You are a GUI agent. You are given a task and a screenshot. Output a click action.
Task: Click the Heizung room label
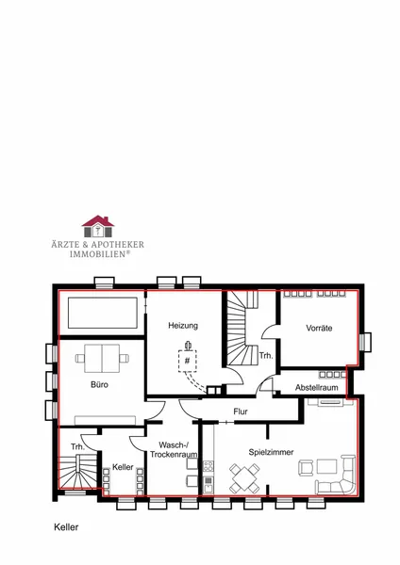point(183,326)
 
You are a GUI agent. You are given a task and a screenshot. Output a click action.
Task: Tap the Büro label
point(99,384)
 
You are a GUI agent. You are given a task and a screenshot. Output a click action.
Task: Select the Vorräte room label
point(319,328)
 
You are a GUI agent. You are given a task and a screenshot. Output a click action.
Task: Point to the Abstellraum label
point(317,387)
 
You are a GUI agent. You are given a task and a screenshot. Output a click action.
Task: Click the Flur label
point(241,412)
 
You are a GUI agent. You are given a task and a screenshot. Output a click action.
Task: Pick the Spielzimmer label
point(271,452)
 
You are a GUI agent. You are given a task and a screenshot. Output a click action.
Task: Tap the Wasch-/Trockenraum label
point(174,450)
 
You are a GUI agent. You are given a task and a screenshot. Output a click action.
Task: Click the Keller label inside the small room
point(123,467)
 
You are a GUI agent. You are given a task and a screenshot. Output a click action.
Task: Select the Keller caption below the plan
point(66,527)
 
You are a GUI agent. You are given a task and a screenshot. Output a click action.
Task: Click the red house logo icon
point(98,227)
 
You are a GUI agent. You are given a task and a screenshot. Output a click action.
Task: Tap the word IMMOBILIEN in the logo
point(98,254)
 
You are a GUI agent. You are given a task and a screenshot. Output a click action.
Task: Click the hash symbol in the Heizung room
point(187,361)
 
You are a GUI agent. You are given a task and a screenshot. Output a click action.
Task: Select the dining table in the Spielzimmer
point(244,479)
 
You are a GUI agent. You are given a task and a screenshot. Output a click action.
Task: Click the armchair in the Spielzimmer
point(307,468)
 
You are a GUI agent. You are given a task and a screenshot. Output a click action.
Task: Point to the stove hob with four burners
point(208,466)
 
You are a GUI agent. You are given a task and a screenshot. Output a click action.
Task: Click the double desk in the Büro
point(102,358)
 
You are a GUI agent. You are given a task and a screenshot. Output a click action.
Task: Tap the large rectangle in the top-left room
point(103,313)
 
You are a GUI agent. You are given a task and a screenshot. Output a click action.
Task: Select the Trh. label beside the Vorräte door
point(266,356)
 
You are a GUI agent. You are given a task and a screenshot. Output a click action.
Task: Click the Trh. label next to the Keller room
point(77,446)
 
